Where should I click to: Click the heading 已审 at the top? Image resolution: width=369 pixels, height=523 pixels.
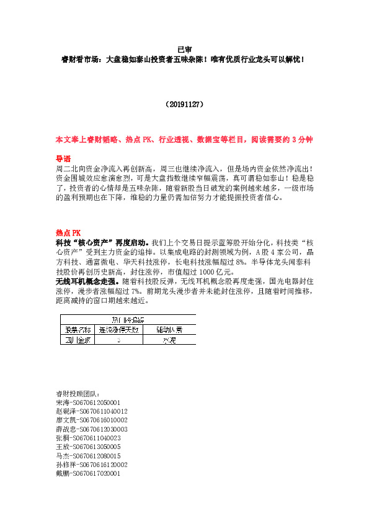pos(184,49)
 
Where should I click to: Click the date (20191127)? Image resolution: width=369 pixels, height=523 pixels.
pos(184,105)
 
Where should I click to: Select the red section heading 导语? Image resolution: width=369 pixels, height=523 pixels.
pos(63,158)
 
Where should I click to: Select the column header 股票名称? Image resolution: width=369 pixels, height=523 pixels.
pos(78,329)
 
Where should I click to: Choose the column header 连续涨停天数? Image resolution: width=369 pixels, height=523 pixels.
pos(118,329)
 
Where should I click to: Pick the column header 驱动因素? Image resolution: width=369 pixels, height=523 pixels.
pos(169,329)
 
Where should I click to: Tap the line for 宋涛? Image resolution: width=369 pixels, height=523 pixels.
pos(87,402)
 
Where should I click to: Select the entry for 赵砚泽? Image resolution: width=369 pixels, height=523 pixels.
pos(91,411)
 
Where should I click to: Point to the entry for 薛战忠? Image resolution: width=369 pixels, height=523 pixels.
pos(91,429)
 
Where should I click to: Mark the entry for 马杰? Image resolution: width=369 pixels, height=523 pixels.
pos(87,455)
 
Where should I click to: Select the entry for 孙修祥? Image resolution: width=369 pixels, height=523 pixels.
pos(91,464)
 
